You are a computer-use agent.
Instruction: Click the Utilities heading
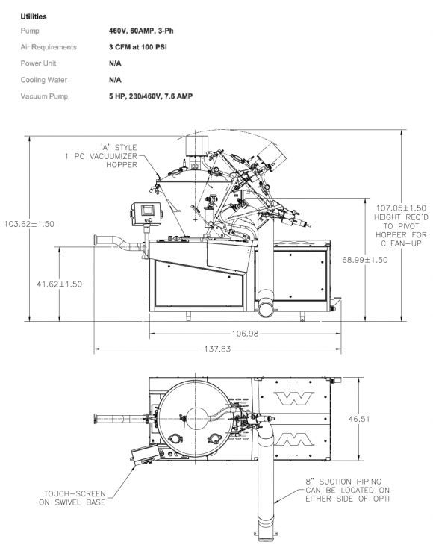pyautogui.click(x=33, y=16)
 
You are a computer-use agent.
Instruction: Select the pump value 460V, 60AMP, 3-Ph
pyautogui.click(x=141, y=31)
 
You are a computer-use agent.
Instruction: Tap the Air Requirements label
pyautogui.click(x=49, y=47)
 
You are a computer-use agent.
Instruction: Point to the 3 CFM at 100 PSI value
pyautogui.click(x=137, y=47)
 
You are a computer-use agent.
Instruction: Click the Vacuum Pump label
pyautogui.click(x=44, y=96)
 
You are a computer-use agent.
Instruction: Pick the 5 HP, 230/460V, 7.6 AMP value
pyautogui.click(x=150, y=96)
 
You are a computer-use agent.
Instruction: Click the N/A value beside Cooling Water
pyautogui.click(x=115, y=80)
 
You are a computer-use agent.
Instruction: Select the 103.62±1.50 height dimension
pyautogui.click(x=29, y=224)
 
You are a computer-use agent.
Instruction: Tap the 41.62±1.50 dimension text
pyautogui.click(x=60, y=284)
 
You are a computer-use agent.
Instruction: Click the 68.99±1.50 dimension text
pyautogui.click(x=365, y=260)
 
